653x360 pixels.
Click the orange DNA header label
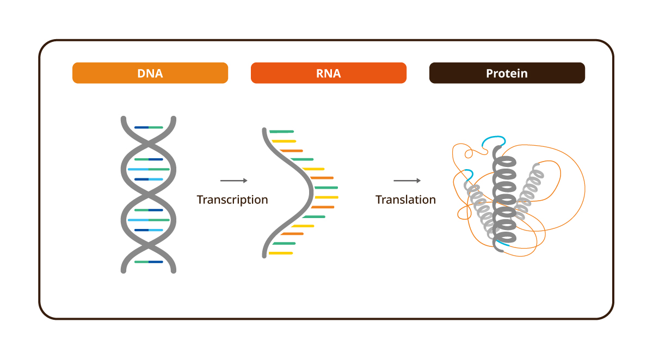tap(150, 73)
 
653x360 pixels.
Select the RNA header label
tap(328, 73)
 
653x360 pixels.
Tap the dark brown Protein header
tap(507, 73)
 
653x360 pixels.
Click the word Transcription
tap(232, 200)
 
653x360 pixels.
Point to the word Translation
tap(405, 200)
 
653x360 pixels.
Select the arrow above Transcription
tap(234, 181)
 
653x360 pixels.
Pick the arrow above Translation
tap(407, 181)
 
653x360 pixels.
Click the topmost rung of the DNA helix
tap(149, 127)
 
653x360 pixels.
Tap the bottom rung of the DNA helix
tap(149, 262)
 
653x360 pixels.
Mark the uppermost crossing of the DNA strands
tap(149, 142)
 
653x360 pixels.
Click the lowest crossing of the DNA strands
tap(149, 246)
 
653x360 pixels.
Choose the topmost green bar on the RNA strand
tap(282, 132)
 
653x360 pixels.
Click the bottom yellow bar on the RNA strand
tap(281, 253)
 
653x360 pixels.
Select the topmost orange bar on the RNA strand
tap(291, 151)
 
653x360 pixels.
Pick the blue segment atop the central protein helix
tap(494, 141)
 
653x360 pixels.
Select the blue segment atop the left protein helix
tap(466, 174)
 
